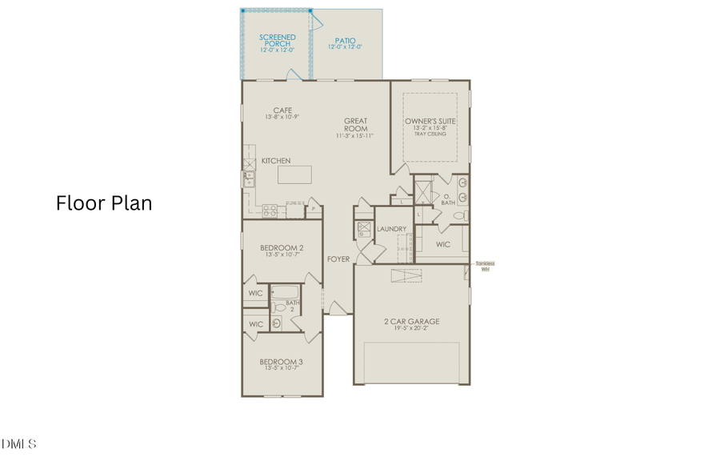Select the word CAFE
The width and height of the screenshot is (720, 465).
click(282, 110)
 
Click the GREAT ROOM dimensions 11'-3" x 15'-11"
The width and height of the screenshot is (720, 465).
click(355, 136)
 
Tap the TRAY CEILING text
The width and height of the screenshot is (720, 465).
click(430, 134)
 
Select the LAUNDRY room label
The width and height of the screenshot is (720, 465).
click(392, 229)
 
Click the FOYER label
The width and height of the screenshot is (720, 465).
click(337, 259)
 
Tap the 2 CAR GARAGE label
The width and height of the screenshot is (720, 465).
click(411, 322)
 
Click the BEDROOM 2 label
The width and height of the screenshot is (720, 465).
click(282, 248)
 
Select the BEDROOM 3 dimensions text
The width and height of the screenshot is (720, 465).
click(282, 370)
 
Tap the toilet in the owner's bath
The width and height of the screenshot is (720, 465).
click(459, 215)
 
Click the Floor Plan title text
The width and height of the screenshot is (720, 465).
click(104, 203)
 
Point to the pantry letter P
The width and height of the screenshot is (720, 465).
click(313, 210)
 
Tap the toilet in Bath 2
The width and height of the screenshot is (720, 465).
click(274, 307)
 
